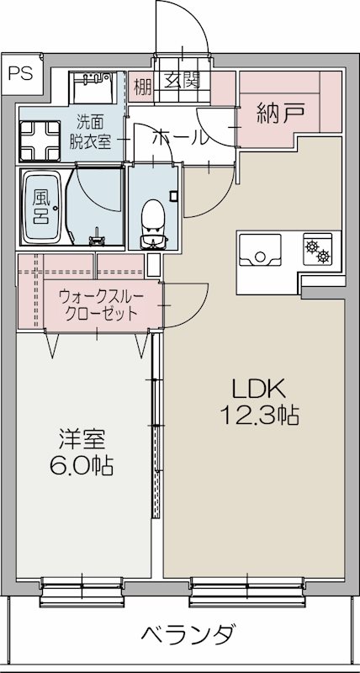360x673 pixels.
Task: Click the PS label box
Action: pyautogui.click(x=21, y=72)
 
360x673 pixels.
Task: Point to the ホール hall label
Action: pyautogui.click(x=180, y=137)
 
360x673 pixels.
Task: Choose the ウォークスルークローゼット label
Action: pyautogui.click(x=99, y=303)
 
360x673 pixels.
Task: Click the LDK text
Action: pyautogui.click(x=260, y=389)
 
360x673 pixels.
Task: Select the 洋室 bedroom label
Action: pyautogui.click(x=82, y=438)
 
